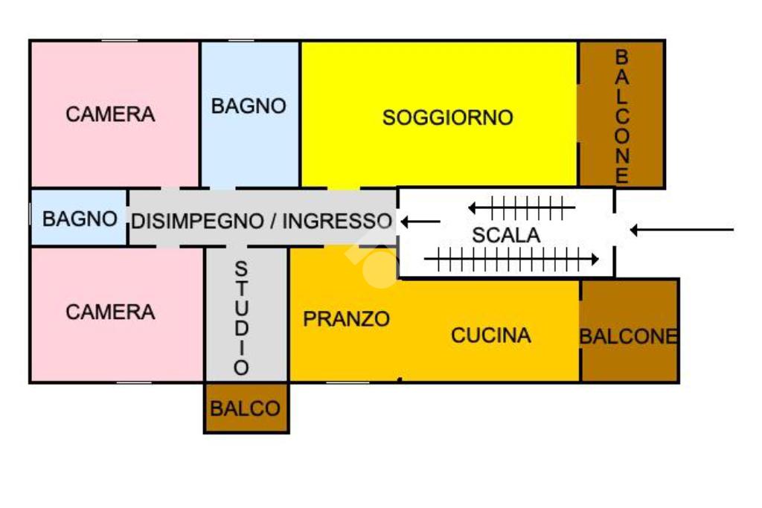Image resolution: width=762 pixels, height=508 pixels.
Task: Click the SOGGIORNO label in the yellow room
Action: point(447,118)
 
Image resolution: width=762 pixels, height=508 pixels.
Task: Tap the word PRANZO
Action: point(347,319)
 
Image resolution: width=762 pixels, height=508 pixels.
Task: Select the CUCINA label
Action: point(491,335)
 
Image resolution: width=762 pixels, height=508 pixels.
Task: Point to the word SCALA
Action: point(506,235)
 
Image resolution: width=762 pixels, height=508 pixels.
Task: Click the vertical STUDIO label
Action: point(242,318)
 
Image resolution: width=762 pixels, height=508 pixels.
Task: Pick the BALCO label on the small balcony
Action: point(245,408)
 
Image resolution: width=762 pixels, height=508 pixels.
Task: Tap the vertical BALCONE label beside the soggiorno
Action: point(621,116)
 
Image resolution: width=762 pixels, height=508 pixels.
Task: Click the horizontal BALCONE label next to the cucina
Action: point(628,336)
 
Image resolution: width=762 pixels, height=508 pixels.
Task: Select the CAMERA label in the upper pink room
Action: point(110,114)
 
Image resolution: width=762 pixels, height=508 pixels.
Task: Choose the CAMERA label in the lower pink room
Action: point(110,312)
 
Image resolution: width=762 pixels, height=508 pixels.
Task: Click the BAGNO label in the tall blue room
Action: point(249,106)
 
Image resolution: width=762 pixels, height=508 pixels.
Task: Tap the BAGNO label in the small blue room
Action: point(80,219)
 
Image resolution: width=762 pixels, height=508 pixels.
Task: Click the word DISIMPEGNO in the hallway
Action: point(197,221)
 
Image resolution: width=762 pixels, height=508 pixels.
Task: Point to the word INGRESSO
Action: point(337,221)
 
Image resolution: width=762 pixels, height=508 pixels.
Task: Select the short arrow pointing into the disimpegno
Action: point(421,222)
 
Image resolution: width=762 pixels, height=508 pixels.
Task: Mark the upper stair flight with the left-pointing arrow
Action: point(522,208)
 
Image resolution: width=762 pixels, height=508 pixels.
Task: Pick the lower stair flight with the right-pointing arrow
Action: point(511,259)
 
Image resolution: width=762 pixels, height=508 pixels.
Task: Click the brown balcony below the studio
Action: point(246,408)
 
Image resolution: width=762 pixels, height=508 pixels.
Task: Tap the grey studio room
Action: point(247,314)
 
